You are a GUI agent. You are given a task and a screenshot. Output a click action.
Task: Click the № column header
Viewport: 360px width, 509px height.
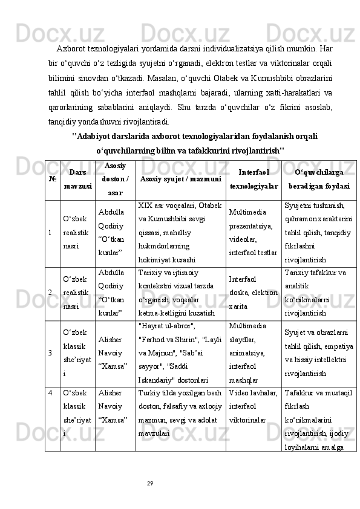click(x=51, y=179)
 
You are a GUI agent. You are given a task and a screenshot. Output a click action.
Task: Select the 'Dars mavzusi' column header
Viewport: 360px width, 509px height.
click(x=77, y=178)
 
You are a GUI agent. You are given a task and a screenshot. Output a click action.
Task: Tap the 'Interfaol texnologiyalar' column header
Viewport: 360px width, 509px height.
click(x=254, y=179)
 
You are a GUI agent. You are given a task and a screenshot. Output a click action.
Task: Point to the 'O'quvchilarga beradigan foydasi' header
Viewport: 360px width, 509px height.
click(x=319, y=179)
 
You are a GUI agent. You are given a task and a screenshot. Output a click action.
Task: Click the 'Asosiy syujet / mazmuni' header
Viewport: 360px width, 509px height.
click(x=180, y=179)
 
